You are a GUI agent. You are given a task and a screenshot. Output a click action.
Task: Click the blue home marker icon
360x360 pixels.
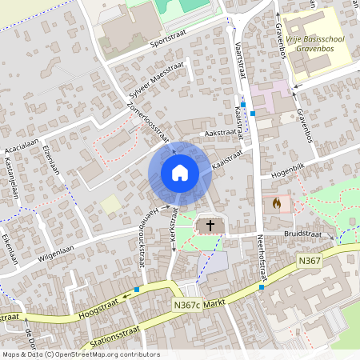(x=179, y=172)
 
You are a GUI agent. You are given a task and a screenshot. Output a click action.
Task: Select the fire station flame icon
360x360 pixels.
(x=277, y=203)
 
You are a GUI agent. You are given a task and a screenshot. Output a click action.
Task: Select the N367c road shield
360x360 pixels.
(x=186, y=305)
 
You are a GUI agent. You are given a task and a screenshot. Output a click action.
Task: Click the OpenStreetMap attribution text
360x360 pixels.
(x=80, y=354)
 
